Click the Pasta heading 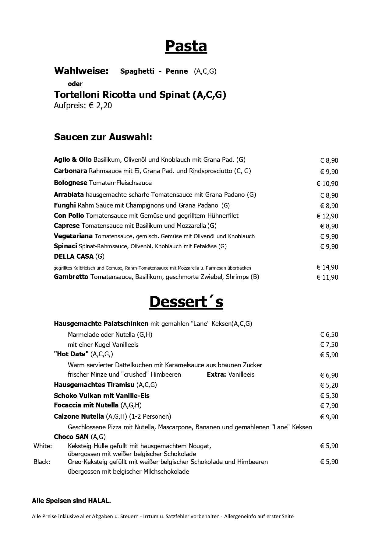(186, 46)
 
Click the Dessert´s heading (186, 302)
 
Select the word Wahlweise (81, 71)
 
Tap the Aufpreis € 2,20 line (83, 106)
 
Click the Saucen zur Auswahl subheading (103, 137)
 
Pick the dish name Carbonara (70, 171)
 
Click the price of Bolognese (327, 183)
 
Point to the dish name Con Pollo (69, 216)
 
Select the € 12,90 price (327, 216)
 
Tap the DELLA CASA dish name (74, 257)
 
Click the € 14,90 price (327, 267)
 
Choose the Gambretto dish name (71, 277)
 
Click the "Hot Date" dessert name (71, 354)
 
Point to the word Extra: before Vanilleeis (216, 375)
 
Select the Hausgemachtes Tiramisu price (329, 386)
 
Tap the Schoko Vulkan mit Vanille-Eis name (101, 396)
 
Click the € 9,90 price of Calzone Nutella (329, 417)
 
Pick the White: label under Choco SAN (43, 446)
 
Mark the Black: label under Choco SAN (42, 462)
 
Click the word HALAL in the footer (99, 501)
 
